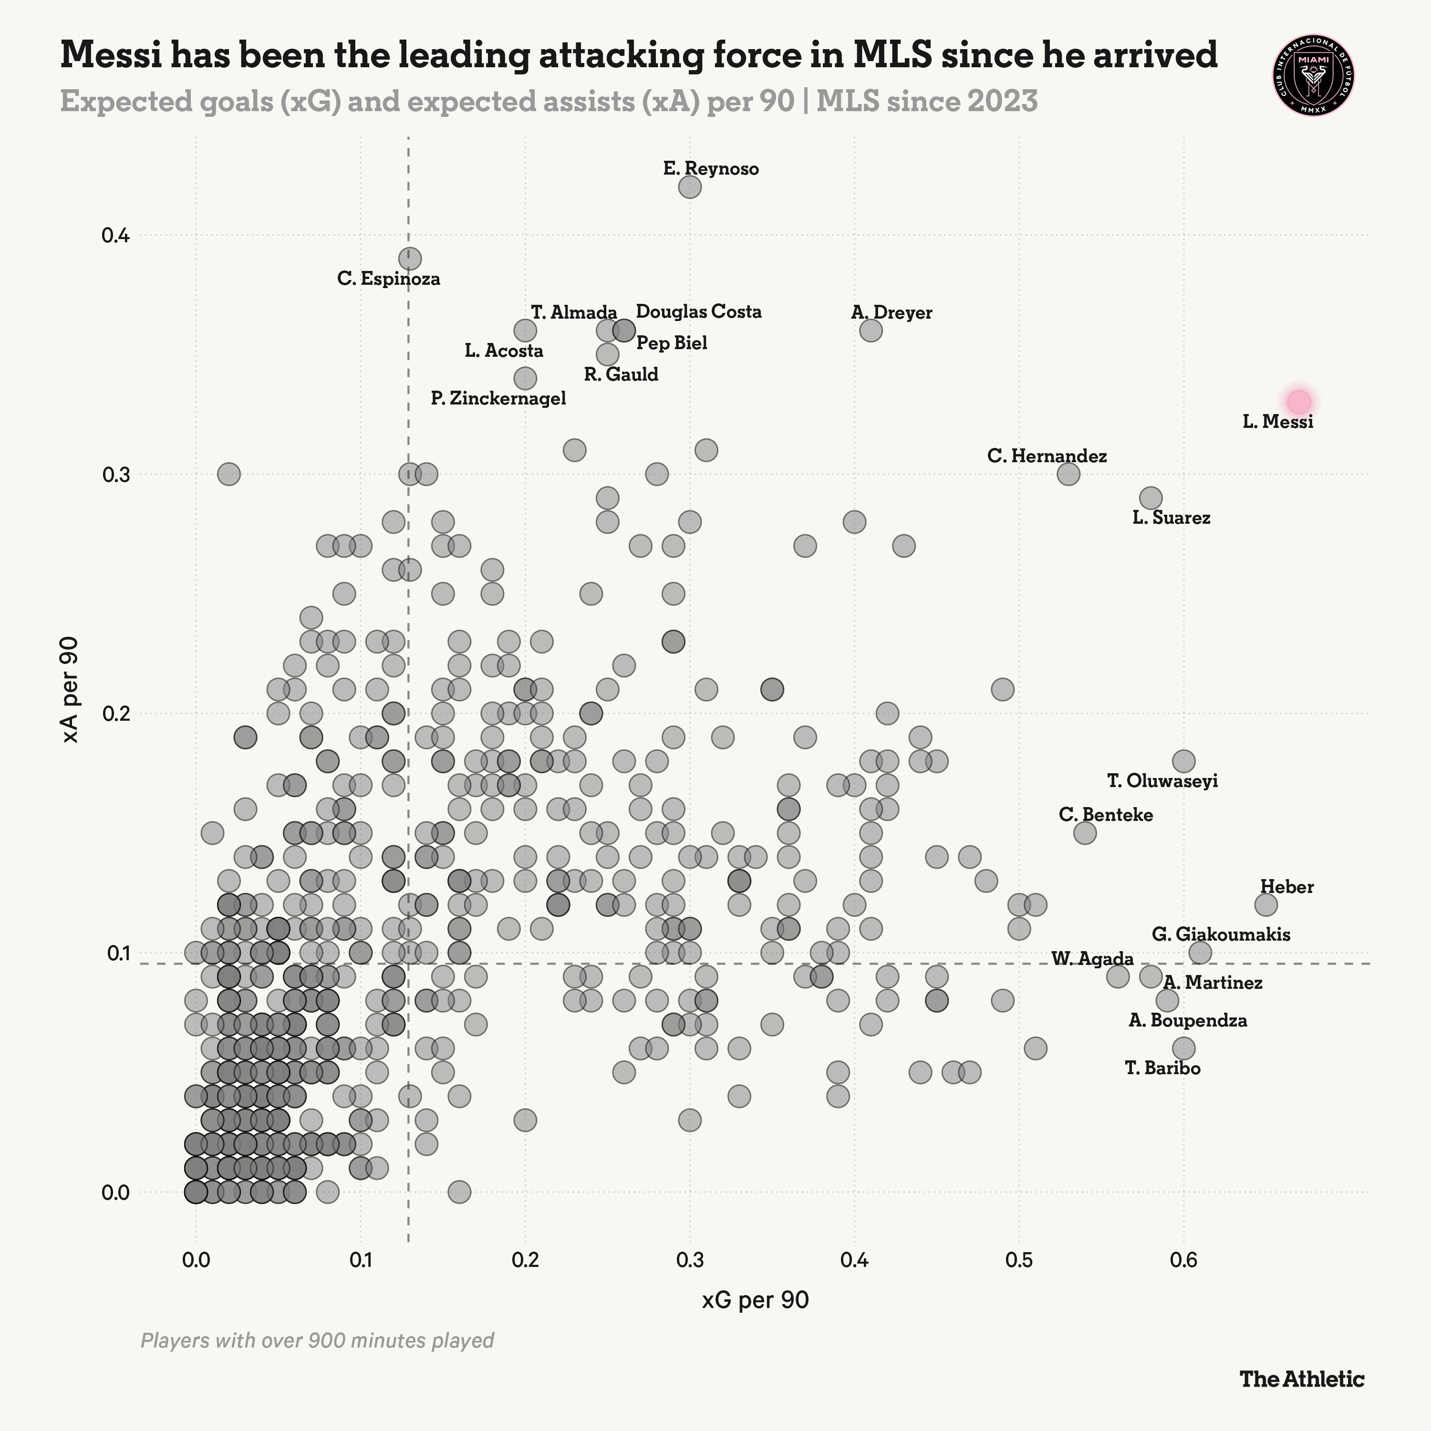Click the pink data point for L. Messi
point(1298,402)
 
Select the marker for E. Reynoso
point(690,187)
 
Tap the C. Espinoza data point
point(410,259)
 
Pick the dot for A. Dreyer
point(871,331)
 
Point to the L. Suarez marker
point(1150,498)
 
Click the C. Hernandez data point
point(1068,474)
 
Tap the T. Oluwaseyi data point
point(1183,761)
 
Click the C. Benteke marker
point(1084,832)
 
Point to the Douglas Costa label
point(698,312)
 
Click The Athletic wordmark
point(1301,1379)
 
